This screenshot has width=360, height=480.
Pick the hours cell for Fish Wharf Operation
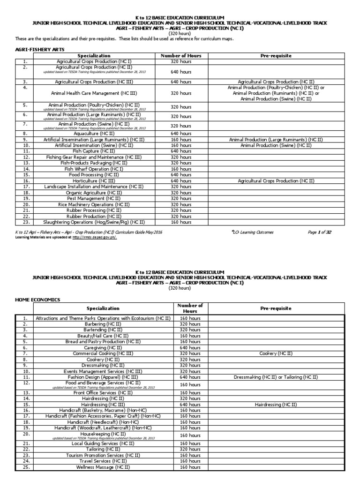(x=181, y=169)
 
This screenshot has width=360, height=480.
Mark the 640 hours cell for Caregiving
(x=191, y=347)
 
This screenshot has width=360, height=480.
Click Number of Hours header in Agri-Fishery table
(x=181, y=55)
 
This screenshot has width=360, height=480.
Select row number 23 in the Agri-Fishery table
(x=25, y=222)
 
